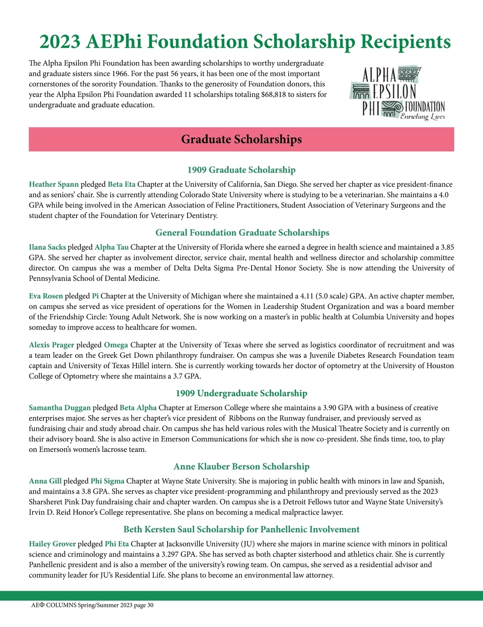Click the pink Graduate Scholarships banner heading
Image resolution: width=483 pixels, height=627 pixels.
[241, 139]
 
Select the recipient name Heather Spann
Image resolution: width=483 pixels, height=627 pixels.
[54, 184]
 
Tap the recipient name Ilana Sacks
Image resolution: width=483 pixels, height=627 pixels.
[47, 247]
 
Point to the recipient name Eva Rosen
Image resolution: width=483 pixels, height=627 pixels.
[46, 296]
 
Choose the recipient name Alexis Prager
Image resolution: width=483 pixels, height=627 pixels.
[52, 345]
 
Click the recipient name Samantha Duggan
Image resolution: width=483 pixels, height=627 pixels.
[60, 408]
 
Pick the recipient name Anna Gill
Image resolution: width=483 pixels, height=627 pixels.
[45, 481]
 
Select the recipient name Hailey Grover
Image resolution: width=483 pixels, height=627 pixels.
[52, 544]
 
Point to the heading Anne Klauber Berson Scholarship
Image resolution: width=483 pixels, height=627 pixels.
[241, 466]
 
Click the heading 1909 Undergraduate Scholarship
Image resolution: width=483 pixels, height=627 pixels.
[241, 393]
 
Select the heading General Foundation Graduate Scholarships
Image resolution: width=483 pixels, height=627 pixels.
[242, 233]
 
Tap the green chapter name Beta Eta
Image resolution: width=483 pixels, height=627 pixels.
[122, 184]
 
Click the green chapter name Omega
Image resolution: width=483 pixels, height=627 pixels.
[116, 345]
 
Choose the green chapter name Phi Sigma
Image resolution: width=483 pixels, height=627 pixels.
[107, 481]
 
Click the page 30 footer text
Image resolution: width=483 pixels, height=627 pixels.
[144, 605]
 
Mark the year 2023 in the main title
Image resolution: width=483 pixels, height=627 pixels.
[60, 41]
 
